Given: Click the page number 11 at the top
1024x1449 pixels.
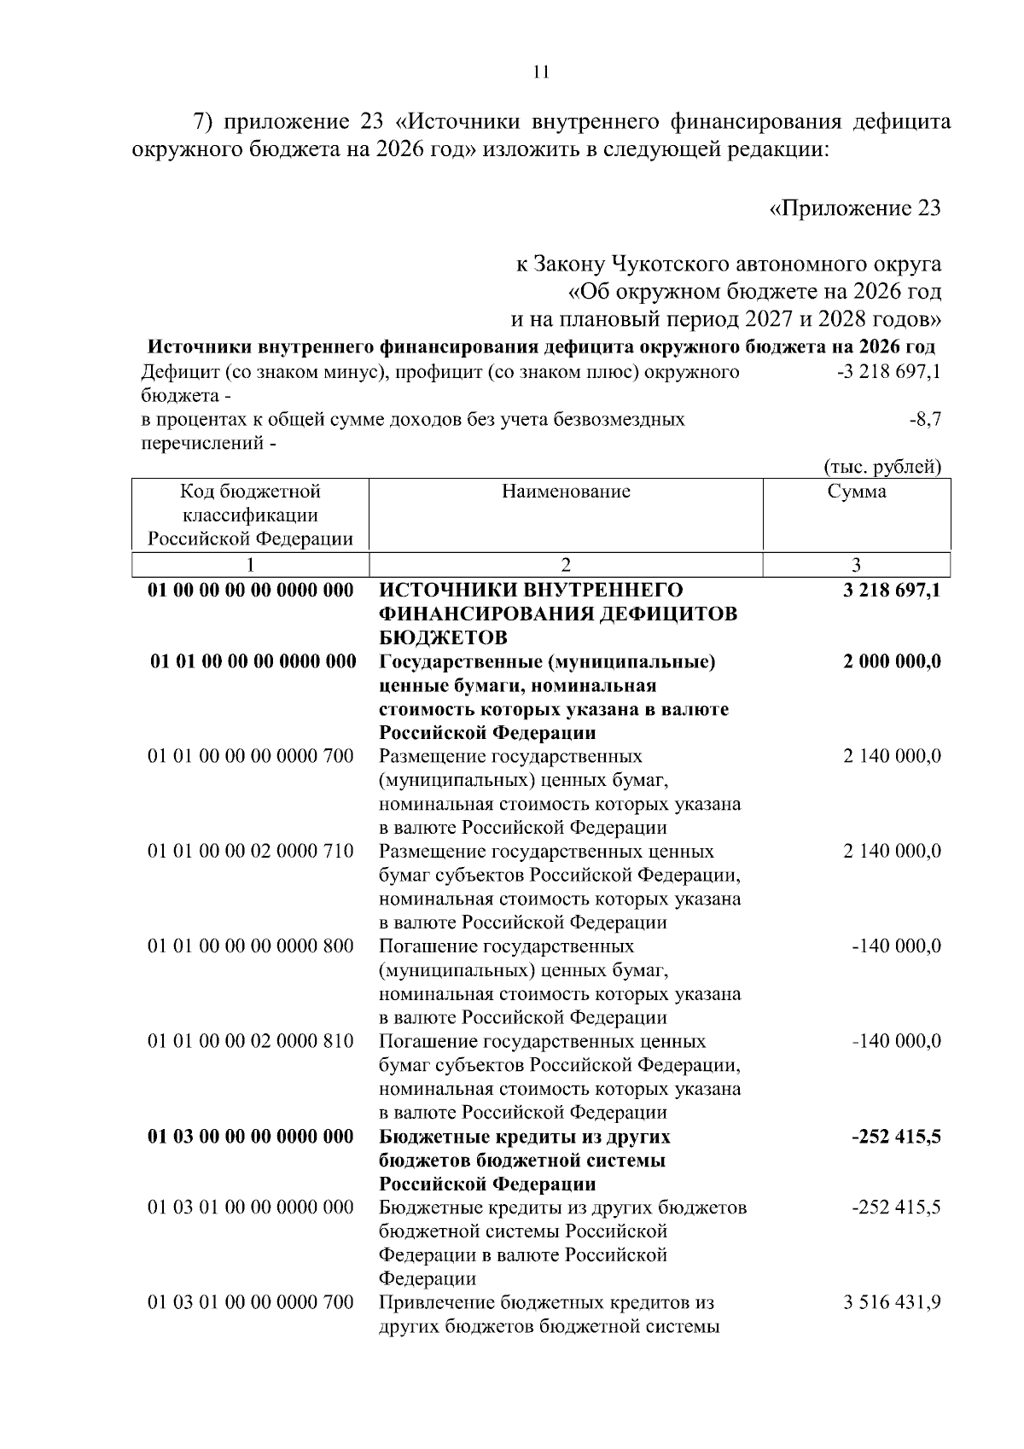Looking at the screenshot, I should coord(540,73).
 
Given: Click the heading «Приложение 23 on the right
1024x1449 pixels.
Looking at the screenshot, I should coord(855,208).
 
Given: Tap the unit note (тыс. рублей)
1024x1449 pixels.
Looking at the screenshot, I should coord(882,466).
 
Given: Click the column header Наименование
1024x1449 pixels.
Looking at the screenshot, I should coord(566,492).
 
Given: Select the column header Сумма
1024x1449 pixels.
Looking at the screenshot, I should coord(856,492).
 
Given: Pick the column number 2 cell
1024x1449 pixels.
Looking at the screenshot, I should coord(566,564).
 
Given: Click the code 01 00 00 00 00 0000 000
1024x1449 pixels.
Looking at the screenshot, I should coord(251,591).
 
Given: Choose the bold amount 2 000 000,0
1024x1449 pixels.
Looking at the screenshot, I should coord(892,662).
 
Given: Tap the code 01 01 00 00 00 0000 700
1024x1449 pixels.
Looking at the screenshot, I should coord(251,757).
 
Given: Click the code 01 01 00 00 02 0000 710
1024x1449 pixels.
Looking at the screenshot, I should coord(251,852).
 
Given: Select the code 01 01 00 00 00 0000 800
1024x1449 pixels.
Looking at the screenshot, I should coord(251,946).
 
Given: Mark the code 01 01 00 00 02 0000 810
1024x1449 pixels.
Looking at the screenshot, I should coord(251,1042).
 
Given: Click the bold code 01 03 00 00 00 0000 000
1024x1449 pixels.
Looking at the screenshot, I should coord(251,1138).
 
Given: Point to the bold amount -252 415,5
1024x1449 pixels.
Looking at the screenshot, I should coord(895,1138).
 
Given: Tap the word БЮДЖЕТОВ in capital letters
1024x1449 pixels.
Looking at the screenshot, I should coord(443,638).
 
